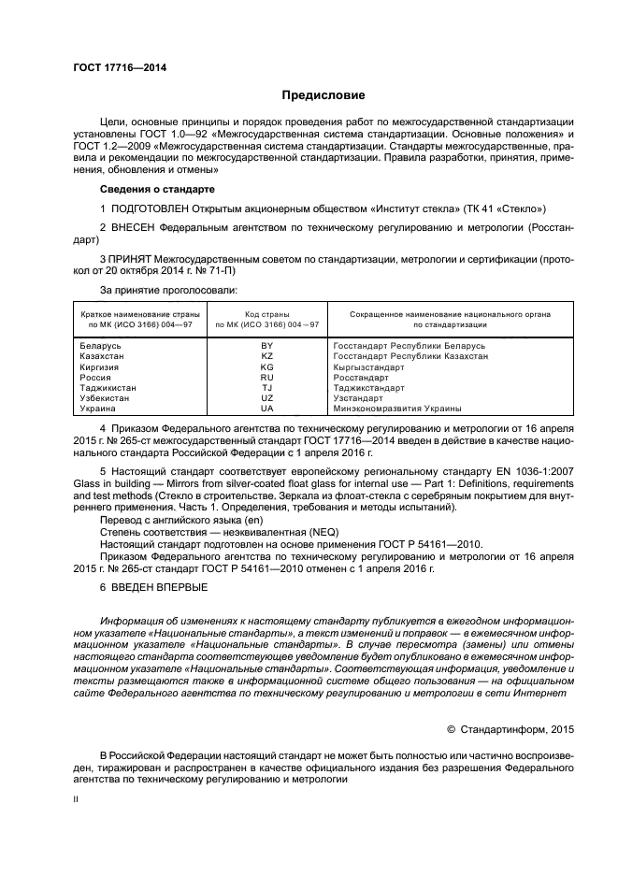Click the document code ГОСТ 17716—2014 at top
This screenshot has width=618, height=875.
click(x=113, y=67)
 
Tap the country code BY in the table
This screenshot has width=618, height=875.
click(x=266, y=346)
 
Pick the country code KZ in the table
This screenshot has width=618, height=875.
click(x=266, y=356)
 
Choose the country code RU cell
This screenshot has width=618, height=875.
click(x=266, y=377)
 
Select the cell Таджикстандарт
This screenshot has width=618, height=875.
click(x=368, y=387)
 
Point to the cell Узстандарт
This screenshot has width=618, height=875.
click(x=360, y=397)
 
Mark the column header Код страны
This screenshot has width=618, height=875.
click(x=266, y=315)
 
